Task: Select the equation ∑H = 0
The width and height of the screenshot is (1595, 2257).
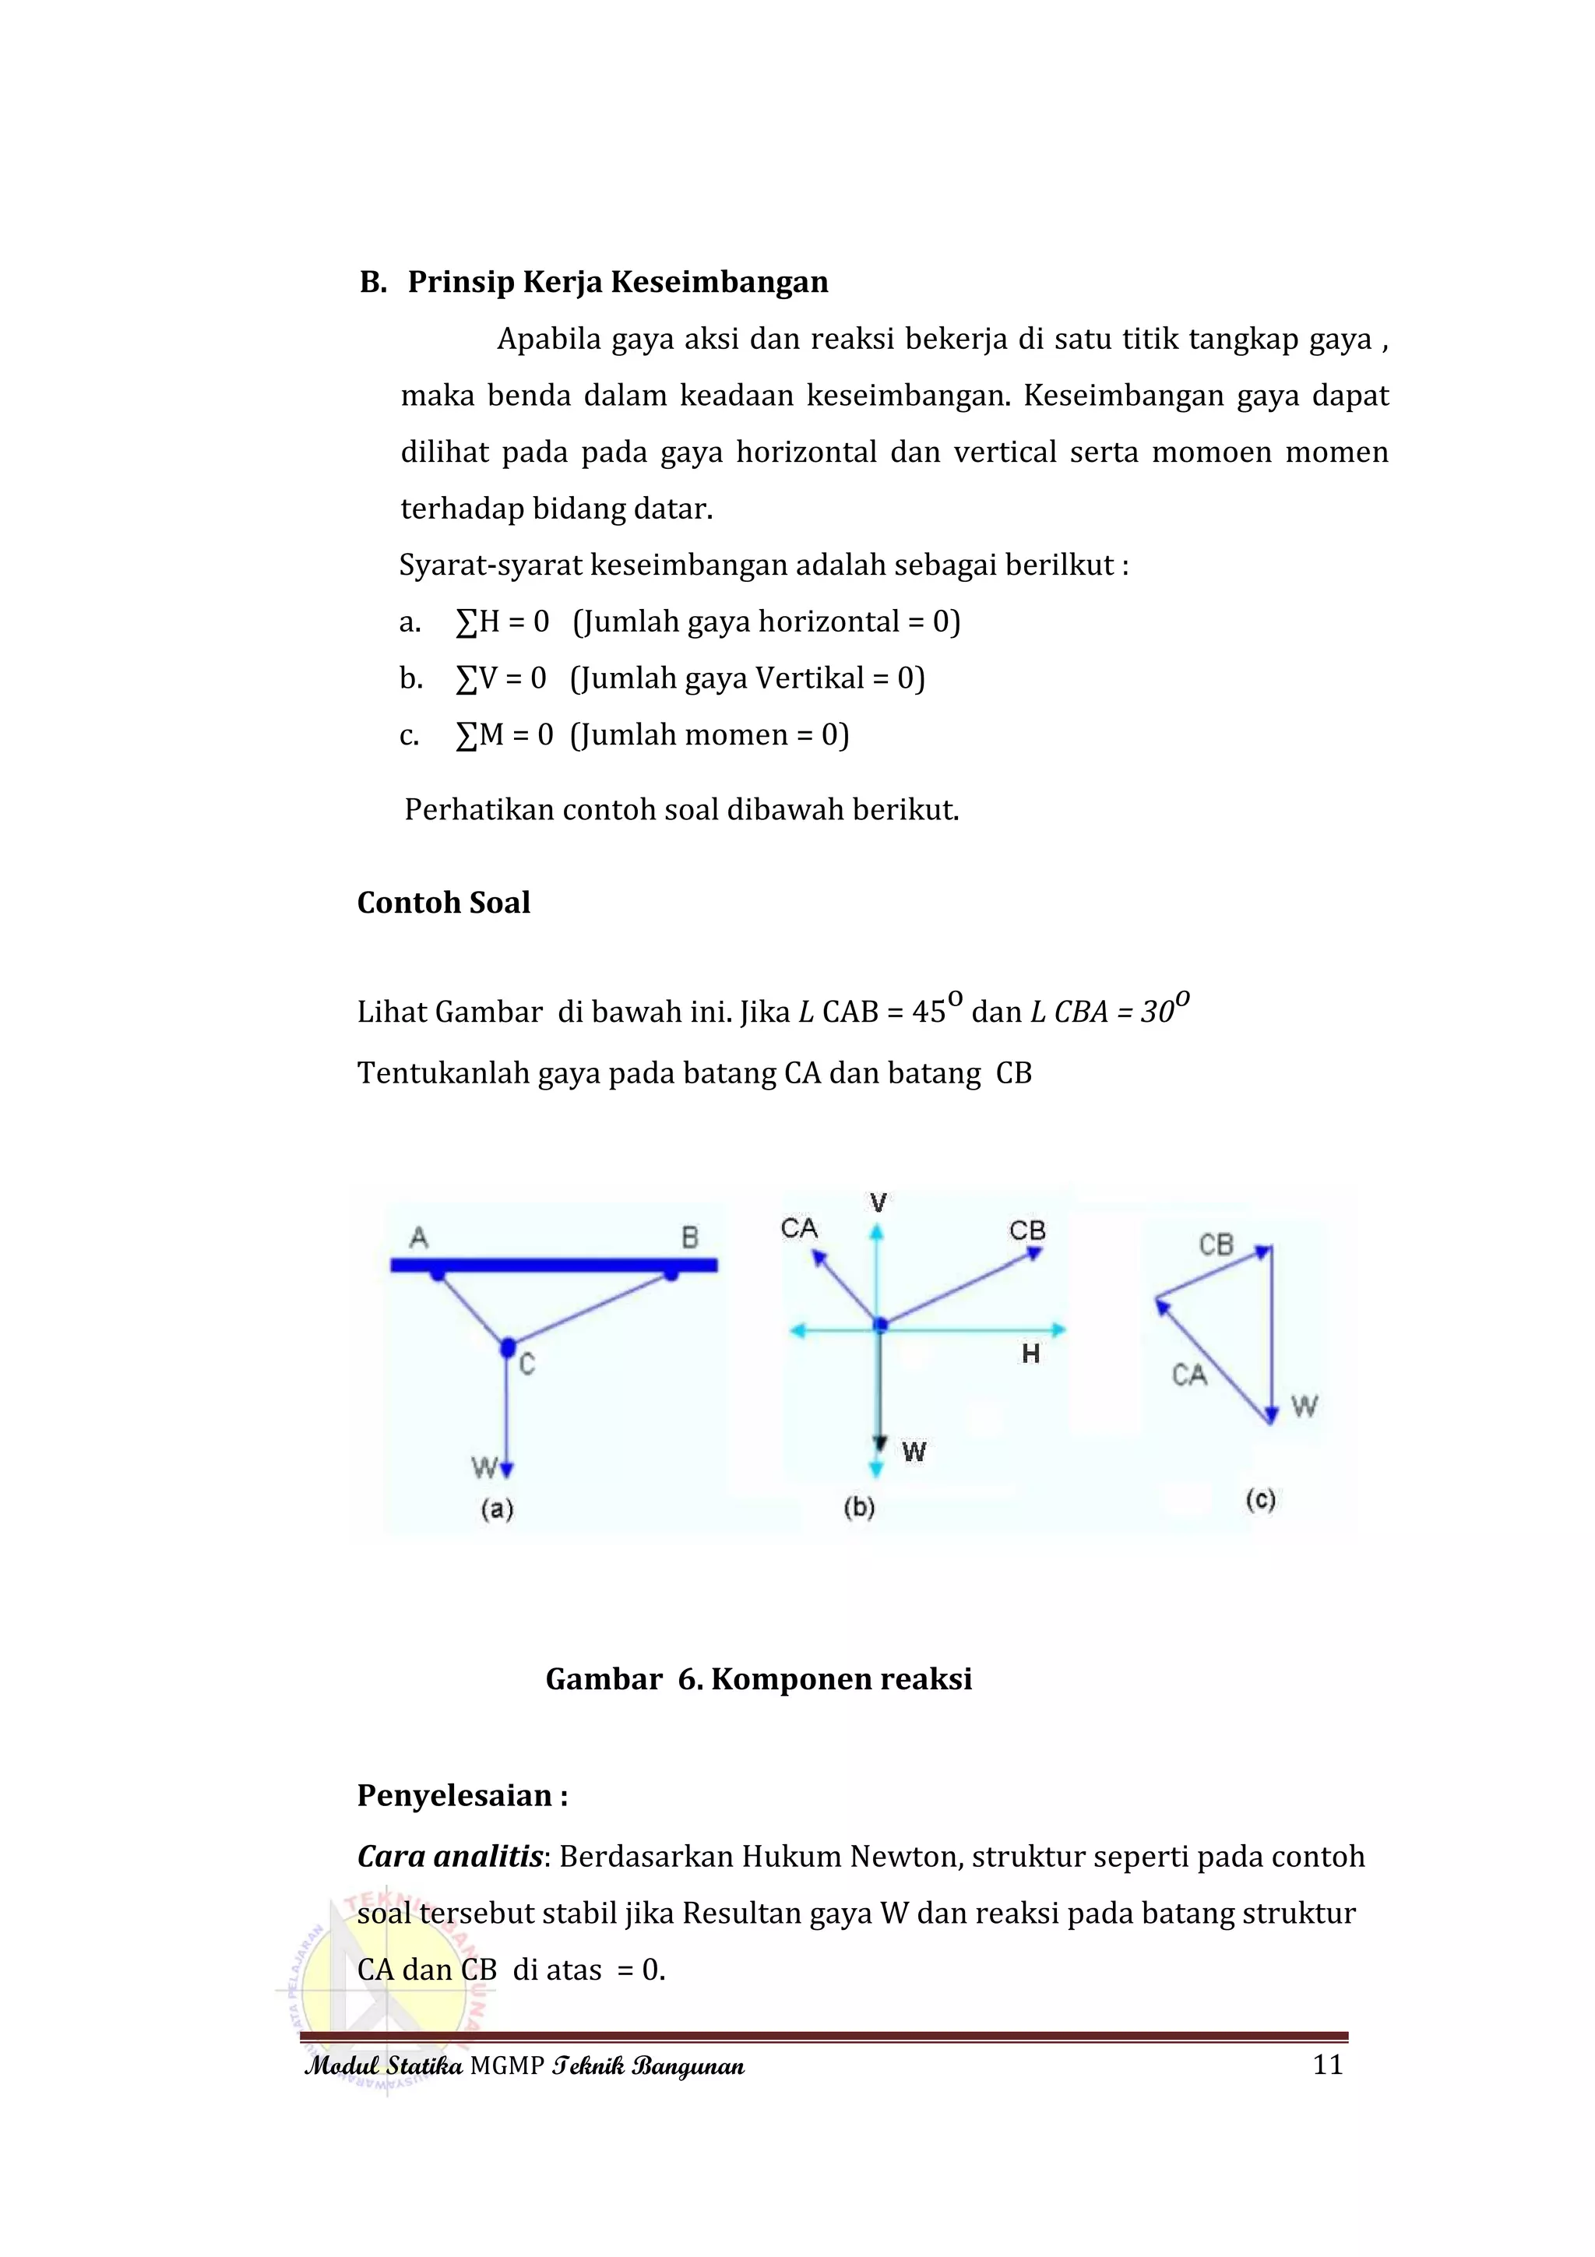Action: point(502,621)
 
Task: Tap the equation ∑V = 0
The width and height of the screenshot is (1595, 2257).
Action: point(500,678)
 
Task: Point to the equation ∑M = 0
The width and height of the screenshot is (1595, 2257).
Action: point(504,734)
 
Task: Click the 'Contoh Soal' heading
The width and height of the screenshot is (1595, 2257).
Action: point(443,903)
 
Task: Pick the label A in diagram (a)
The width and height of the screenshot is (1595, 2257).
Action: point(419,1238)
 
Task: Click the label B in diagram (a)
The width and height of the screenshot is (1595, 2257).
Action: point(690,1238)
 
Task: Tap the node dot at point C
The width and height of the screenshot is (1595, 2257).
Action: point(507,1346)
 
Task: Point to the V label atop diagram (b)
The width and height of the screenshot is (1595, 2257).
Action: point(878,1202)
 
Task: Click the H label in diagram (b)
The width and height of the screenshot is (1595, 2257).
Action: point(1030,1354)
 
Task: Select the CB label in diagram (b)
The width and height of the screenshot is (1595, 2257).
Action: point(1027,1231)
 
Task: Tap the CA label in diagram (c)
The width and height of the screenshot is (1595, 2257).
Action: point(1188,1375)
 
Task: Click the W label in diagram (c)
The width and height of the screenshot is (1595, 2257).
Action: point(1304,1407)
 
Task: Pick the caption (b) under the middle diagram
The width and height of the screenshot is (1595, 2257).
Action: point(860,1507)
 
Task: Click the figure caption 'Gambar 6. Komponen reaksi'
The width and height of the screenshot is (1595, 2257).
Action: point(759,1679)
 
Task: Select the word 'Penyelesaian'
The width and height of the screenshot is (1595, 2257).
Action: point(454,1796)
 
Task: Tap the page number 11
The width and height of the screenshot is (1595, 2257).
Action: point(1328,2065)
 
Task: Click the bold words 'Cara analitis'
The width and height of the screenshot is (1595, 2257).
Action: point(450,1857)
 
